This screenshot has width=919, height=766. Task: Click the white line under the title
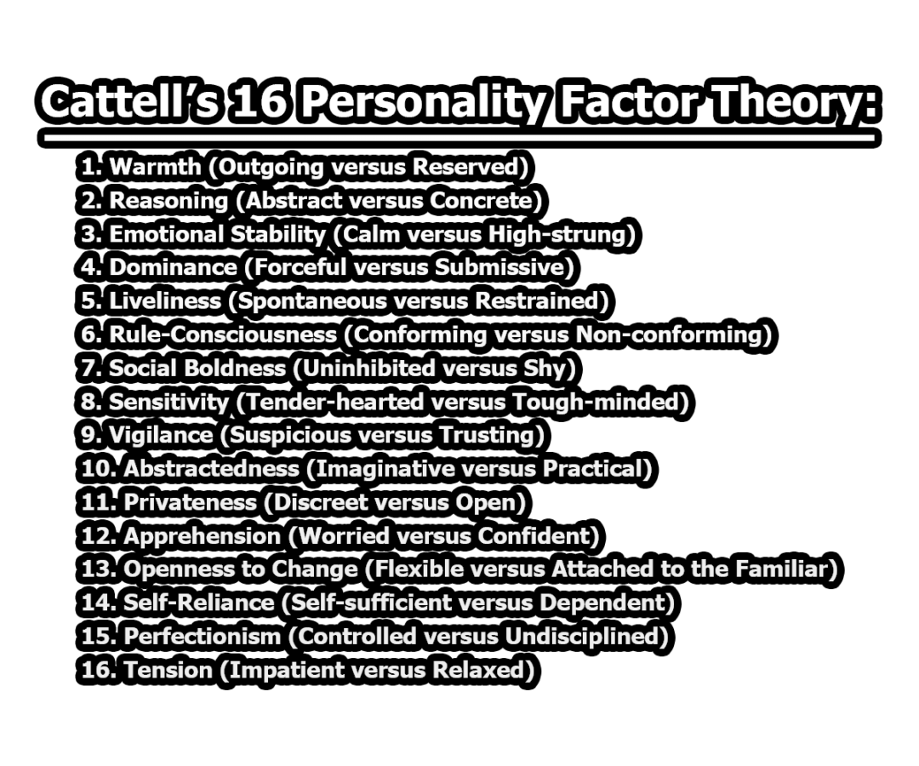(x=459, y=137)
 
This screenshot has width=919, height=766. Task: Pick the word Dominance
(x=173, y=267)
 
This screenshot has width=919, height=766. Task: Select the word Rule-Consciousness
(x=223, y=334)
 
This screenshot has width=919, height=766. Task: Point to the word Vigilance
(x=161, y=436)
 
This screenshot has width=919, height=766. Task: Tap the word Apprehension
(x=202, y=536)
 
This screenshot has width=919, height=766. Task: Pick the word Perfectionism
(x=202, y=637)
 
